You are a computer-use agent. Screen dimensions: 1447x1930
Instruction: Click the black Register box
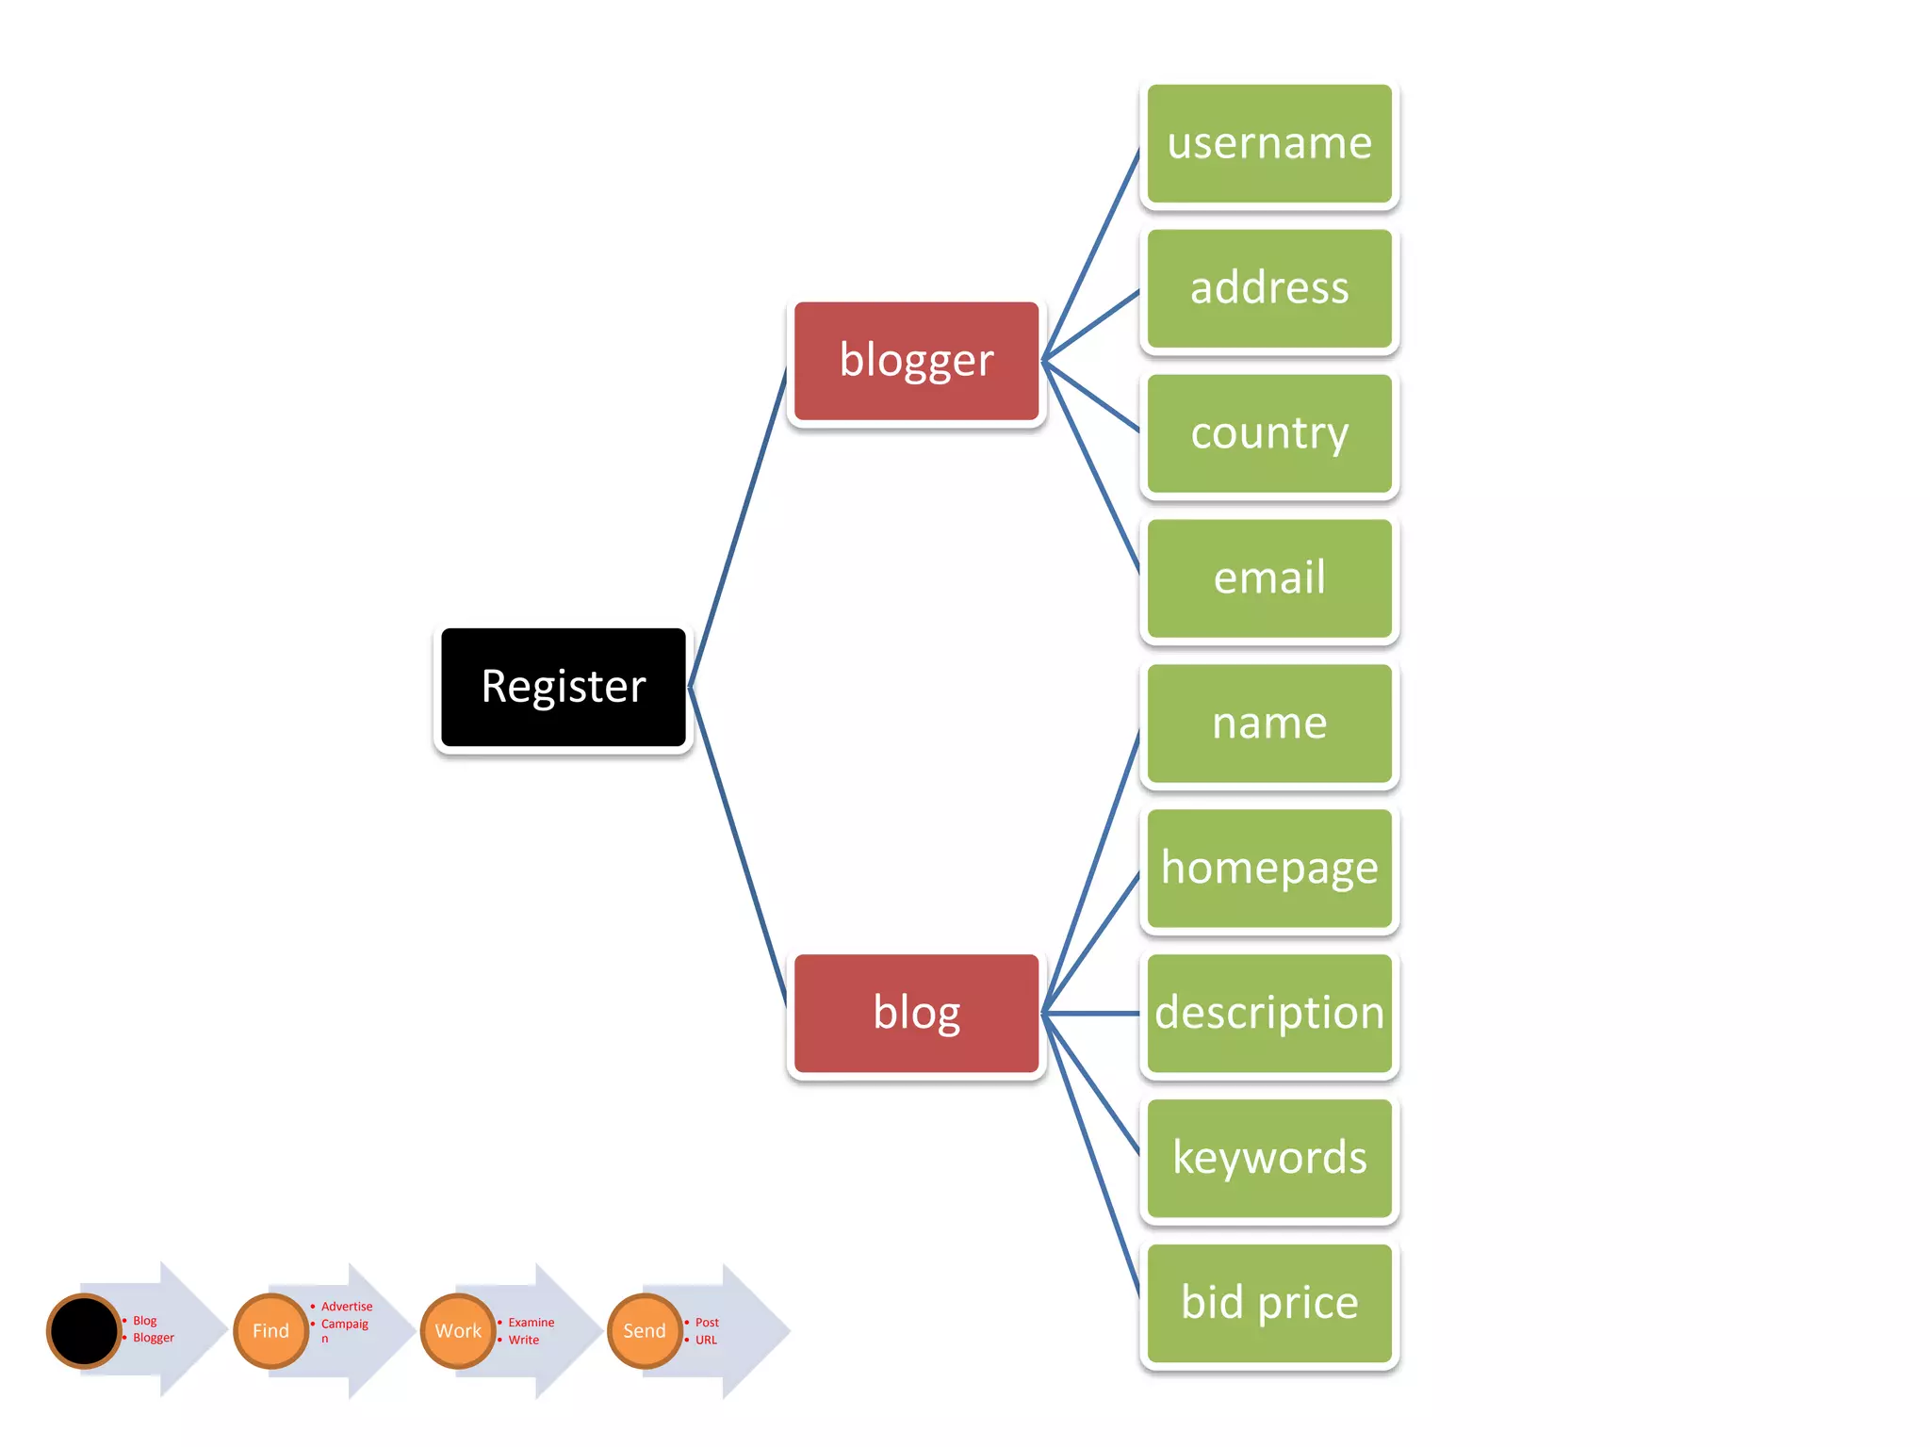(x=564, y=687)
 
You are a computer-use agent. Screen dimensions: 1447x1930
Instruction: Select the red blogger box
(x=916, y=361)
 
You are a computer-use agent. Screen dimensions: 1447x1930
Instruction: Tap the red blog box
(x=916, y=1013)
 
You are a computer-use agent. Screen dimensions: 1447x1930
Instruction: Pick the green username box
(x=1268, y=143)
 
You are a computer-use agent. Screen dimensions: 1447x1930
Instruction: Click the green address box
(x=1268, y=288)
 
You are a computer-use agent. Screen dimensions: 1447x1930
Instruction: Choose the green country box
(x=1268, y=433)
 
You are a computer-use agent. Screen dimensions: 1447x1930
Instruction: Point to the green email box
(x=1268, y=578)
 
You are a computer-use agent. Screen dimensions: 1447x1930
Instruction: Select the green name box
(x=1268, y=723)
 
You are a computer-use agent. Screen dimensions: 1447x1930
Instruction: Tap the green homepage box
(x=1268, y=869)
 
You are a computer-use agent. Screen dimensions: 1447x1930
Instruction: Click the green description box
(x=1268, y=1014)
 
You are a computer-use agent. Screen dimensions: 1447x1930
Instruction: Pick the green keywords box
(x=1268, y=1158)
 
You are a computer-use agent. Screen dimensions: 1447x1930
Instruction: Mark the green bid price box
(x=1268, y=1303)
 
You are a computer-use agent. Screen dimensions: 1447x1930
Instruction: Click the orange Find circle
(x=270, y=1331)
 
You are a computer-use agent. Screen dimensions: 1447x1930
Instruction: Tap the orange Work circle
(x=458, y=1331)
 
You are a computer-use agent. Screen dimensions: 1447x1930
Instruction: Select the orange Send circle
(x=645, y=1331)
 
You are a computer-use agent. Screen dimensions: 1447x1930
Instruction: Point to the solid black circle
(x=84, y=1331)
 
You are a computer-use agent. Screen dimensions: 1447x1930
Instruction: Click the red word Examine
(x=532, y=1323)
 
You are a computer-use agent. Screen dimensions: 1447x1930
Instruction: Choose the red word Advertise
(x=347, y=1307)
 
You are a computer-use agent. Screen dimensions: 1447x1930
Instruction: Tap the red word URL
(x=706, y=1340)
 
